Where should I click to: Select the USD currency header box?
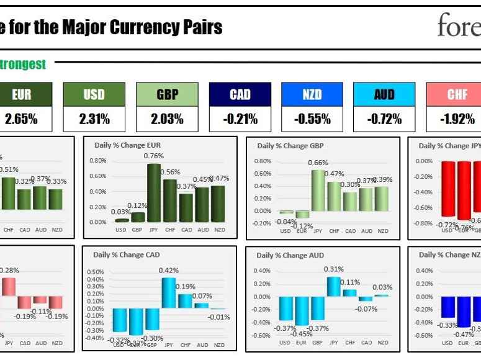(94, 94)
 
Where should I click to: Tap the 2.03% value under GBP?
(167, 119)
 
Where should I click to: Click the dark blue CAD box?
(240, 94)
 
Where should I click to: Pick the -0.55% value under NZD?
(312, 119)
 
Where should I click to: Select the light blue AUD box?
(384, 94)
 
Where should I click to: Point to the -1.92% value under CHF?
(457, 119)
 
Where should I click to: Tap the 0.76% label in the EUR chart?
(154, 156)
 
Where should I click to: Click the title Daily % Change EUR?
(127, 145)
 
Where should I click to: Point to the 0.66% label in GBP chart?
(318, 163)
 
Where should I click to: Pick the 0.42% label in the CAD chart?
(169, 270)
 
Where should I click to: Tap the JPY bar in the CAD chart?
(169, 292)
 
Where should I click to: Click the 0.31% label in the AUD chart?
(333, 269)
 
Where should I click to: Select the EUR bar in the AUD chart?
(302, 311)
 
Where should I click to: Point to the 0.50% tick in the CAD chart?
(95, 272)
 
